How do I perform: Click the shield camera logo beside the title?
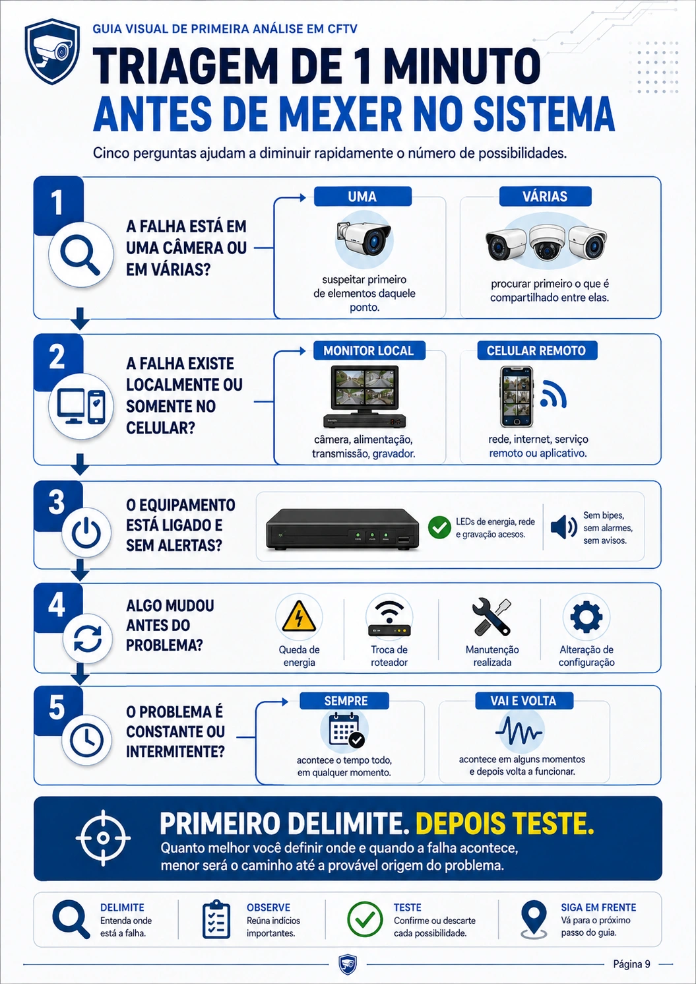pyautogui.click(x=52, y=51)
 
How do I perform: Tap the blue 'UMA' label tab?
pyautogui.click(x=363, y=197)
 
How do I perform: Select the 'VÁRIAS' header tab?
pyautogui.click(x=545, y=197)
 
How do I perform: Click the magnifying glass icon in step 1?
pyautogui.click(x=80, y=255)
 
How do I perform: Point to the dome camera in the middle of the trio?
pyautogui.click(x=547, y=242)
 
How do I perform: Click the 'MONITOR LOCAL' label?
pyautogui.click(x=369, y=350)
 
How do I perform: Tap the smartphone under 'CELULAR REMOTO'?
pyautogui.click(x=517, y=397)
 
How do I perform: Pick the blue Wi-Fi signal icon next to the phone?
pyautogui.click(x=554, y=393)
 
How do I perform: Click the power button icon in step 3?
pyautogui.click(x=86, y=533)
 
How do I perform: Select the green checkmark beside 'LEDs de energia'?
pyautogui.click(x=439, y=527)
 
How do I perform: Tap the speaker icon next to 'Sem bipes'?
pyautogui.click(x=564, y=527)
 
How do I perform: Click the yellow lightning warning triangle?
pyautogui.click(x=299, y=616)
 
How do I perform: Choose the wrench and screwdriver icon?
pyautogui.click(x=491, y=617)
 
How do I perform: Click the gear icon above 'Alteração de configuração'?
pyautogui.click(x=586, y=617)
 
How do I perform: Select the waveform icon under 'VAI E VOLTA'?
pyautogui.click(x=519, y=731)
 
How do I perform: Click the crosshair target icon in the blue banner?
pyautogui.click(x=103, y=837)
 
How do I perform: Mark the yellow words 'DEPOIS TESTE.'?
pyautogui.click(x=505, y=823)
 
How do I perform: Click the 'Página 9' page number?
pyautogui.click(x=631, y=964)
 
